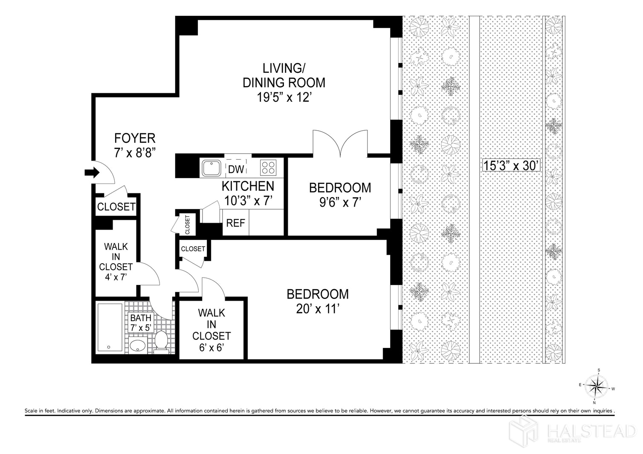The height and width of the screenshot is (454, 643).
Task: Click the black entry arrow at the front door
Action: pos(92,172)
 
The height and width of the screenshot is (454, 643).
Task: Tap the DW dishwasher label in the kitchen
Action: pos(236,169)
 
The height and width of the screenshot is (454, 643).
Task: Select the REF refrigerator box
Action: pos(236,223)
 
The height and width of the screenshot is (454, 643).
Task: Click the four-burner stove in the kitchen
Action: pos(268,167)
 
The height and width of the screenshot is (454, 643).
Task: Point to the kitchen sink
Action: pos(211,168)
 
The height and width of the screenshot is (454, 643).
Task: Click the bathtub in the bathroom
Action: pos(110,327)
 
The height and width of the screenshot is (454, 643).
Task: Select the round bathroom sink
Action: pos(138,346)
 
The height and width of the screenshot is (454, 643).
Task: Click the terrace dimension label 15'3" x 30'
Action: pos(511,166)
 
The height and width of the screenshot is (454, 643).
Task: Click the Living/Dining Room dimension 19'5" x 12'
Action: pos(284,98)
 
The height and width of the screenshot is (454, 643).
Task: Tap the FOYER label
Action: pos(135,138)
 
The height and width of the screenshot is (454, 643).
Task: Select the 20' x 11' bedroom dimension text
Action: pos(318,309)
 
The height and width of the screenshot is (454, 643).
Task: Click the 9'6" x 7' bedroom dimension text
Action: pos(340,202)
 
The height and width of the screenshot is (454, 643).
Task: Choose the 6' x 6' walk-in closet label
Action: pos(211,347)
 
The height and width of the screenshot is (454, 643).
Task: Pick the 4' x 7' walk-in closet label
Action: pos(116,277)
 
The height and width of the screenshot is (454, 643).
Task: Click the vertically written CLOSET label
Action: pos(188,224)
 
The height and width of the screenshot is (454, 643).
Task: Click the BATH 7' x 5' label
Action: pos(141,323)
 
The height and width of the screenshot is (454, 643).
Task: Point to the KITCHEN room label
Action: pos(248,187)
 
